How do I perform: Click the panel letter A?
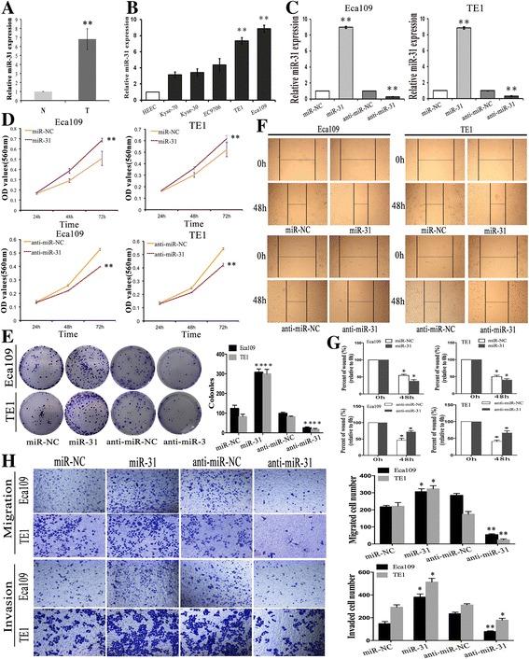pyautogui.click(x=8, y=10)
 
